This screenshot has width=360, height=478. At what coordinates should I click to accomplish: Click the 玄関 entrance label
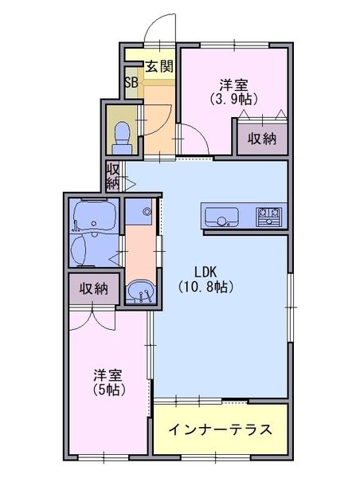coord(159,67)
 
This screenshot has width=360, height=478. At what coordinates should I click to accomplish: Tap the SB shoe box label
coord(131,82)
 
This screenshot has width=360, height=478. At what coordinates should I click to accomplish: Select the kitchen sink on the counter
coord(221,215)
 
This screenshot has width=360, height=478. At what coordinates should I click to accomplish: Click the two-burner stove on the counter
coord(268,215)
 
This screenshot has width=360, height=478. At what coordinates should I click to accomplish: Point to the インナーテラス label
coord(220,430)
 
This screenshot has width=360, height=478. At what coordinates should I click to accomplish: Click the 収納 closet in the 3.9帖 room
coord(260,139)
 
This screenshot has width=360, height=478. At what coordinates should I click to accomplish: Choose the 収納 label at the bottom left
coord(93,288)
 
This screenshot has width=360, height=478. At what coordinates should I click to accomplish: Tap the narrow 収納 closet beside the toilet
coord(113,175)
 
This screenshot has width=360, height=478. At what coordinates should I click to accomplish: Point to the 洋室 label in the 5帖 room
coord(108,374)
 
